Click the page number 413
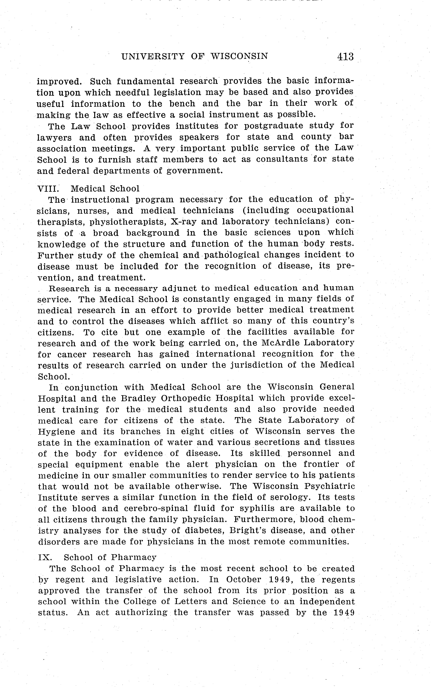tap(345, 56)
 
